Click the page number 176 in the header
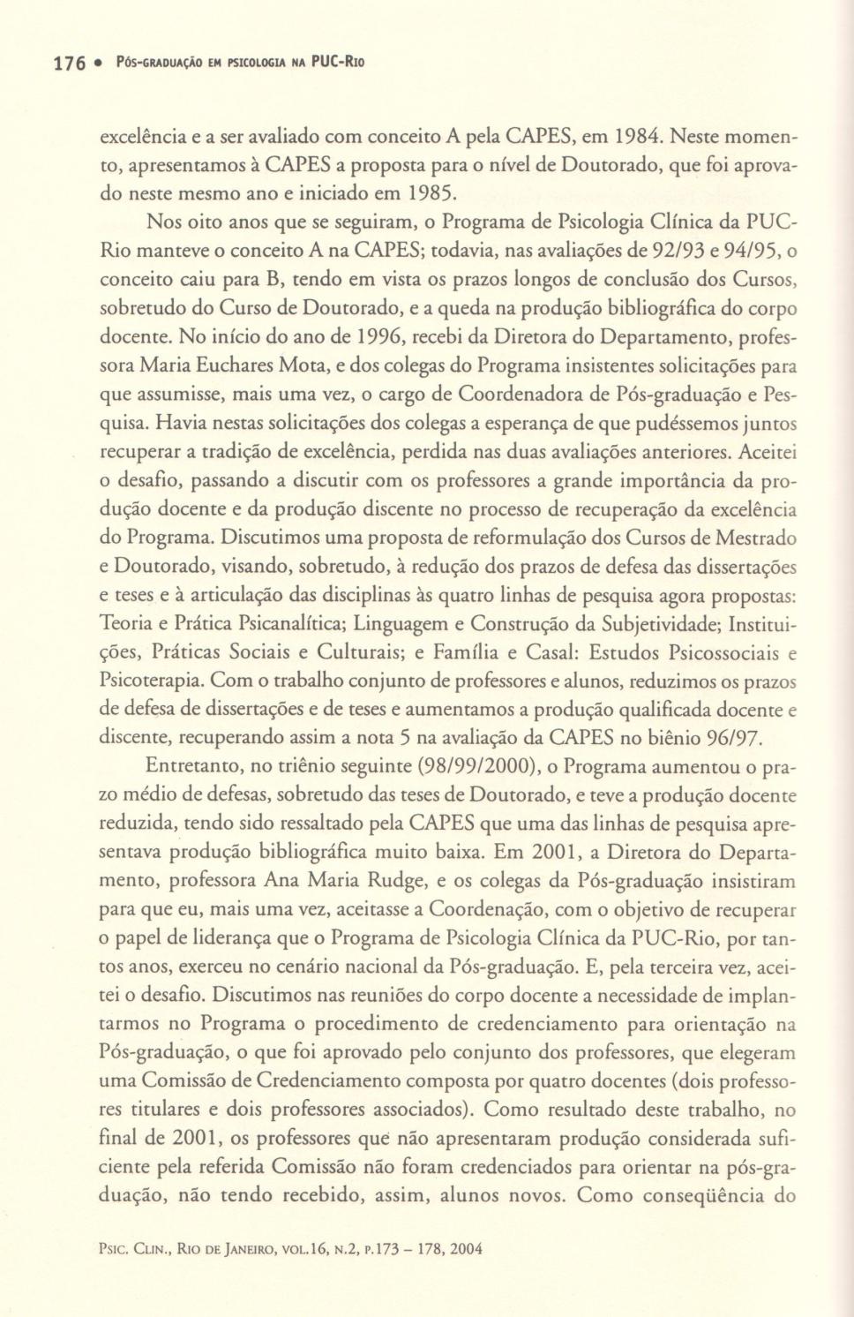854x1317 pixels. click(x=69, y=63)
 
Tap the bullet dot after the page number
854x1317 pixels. click(x=100, y=63)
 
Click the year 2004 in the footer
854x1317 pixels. click(x=466, y=1249)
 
